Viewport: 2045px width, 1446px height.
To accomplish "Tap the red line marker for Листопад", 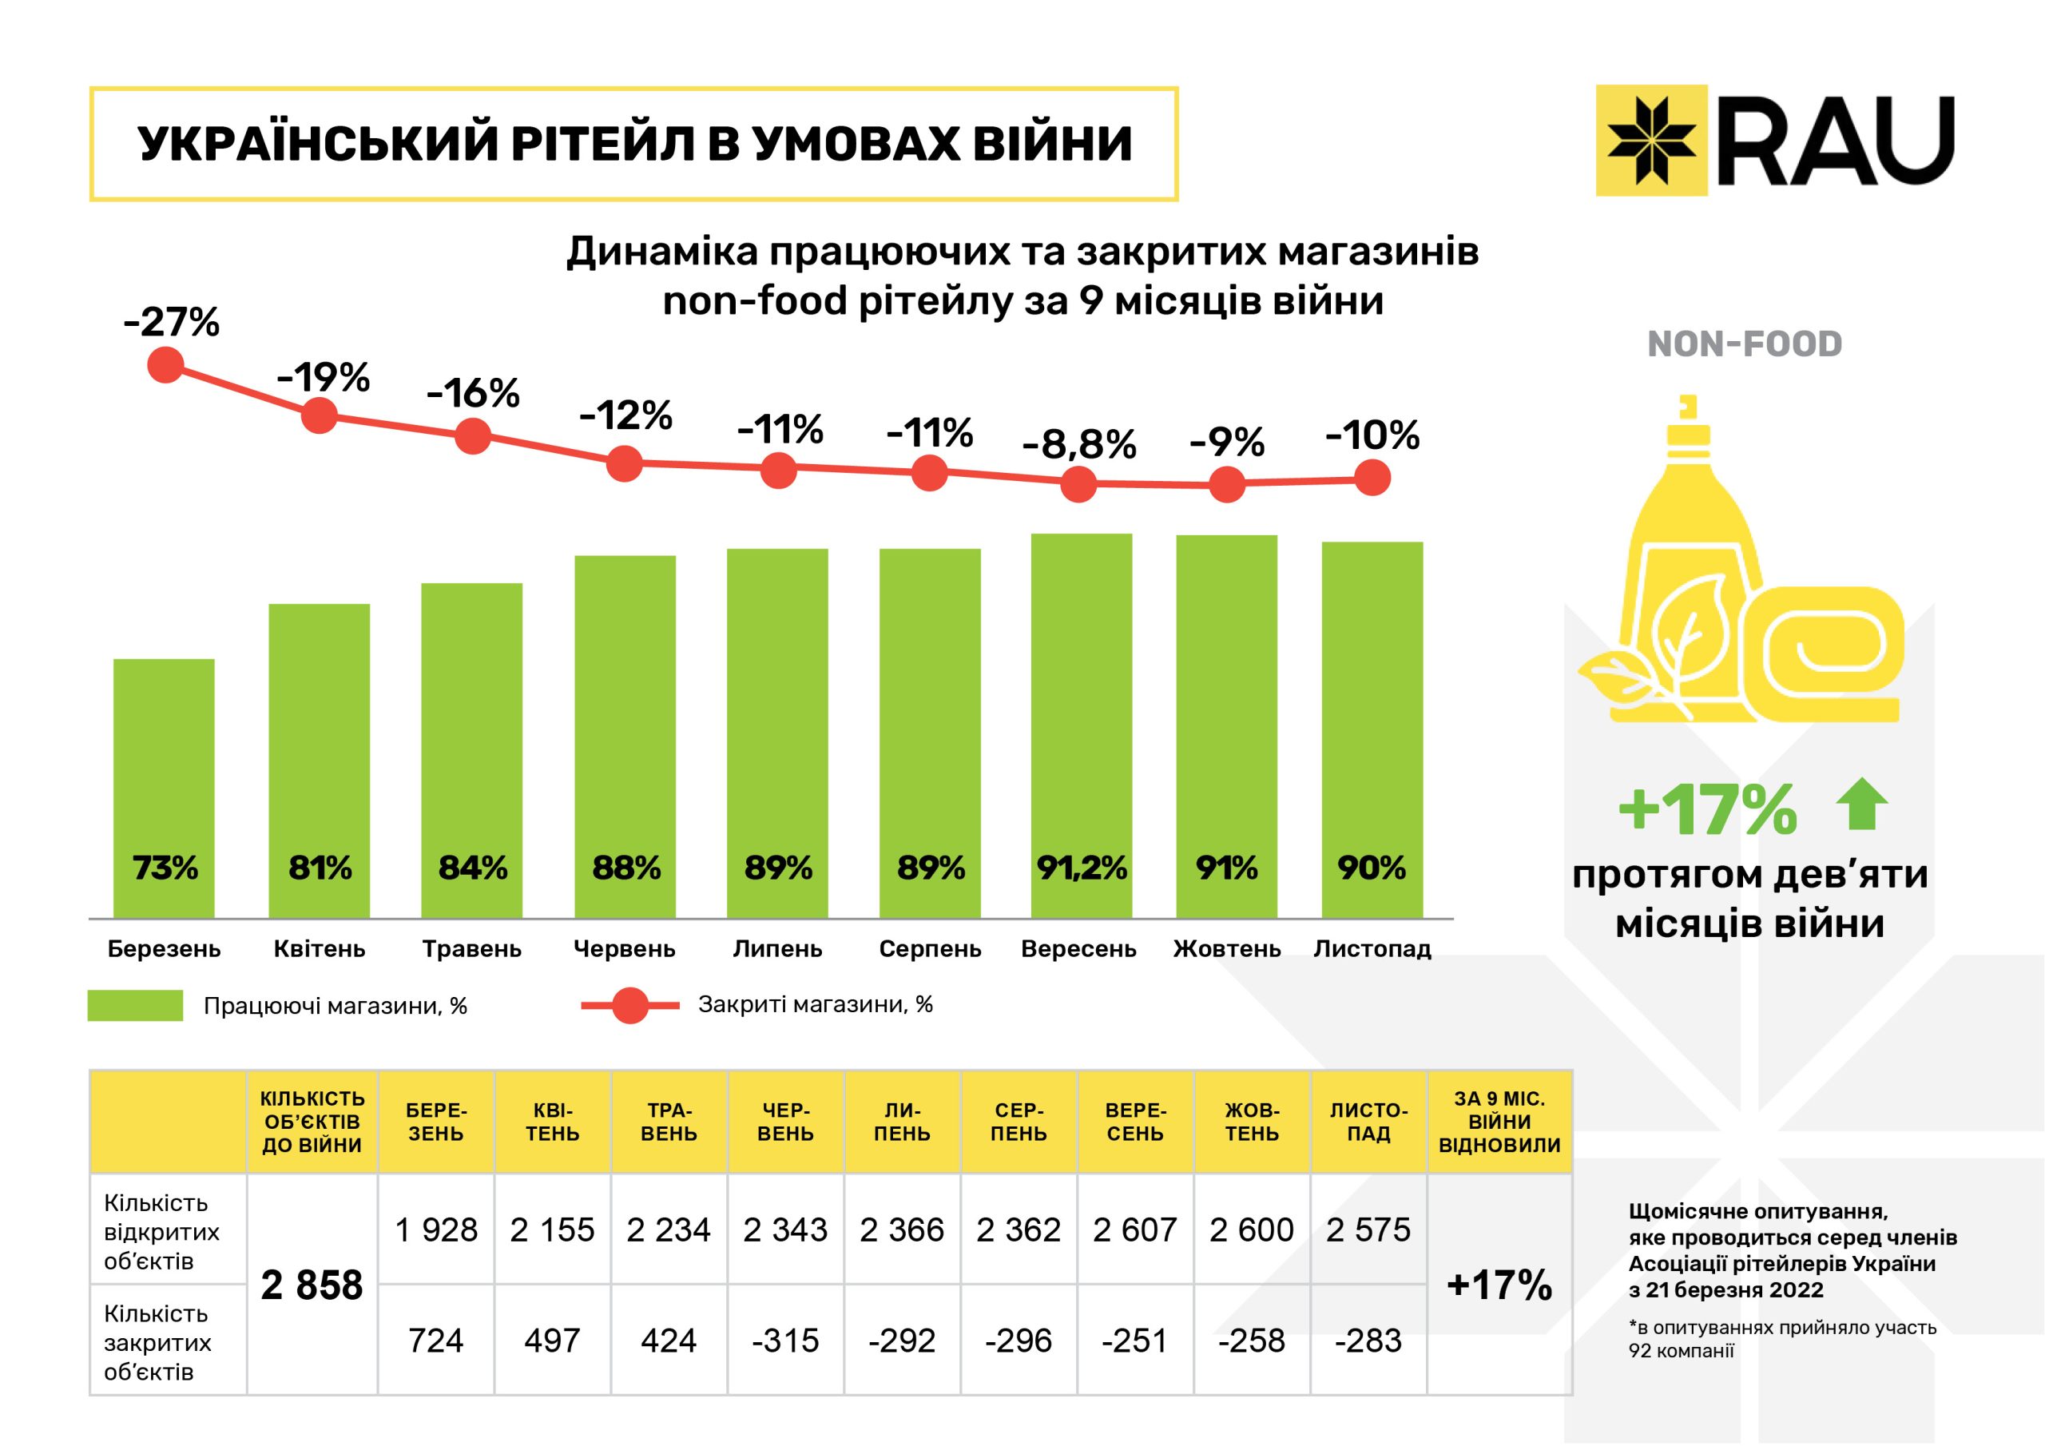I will pyautogui.click(x=1372, y=479).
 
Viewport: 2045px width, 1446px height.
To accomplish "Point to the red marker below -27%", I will pyautogui.click(x=165, y=364).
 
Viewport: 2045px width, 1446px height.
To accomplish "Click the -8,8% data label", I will pyautogui.click(x=1078, y=443).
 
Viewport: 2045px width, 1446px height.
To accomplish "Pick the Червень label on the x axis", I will pyautogui.click(x=625, y=949).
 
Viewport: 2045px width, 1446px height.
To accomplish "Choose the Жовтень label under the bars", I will pyautogui.click(x=1226, y=949).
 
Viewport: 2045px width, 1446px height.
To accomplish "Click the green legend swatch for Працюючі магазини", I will pyautogui.click(x=135, y=1006).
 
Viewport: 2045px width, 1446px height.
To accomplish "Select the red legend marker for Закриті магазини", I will pyautogui.click(x=630, y=1006).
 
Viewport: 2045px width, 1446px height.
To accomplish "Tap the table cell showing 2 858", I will pyautogui.click(x=312, y=1285).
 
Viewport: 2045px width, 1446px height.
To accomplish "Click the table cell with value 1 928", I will pyautogui.click(x=435, y=1229).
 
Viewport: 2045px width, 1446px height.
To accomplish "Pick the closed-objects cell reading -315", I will pyautogui.click(x=784, y=1340).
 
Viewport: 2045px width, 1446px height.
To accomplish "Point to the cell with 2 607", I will pyautogui.click(x=1134, y=1229).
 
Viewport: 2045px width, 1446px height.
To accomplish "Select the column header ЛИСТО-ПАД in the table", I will pyautogui.click(x=1368, y=1122).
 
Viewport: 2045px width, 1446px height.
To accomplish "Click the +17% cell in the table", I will pyautogui.click(x=1499, y=1285).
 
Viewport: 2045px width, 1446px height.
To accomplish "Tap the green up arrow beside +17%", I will pyautogui.click(x=1861, y=804).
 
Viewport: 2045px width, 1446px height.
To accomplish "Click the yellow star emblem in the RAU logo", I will pyautogui.click(x=1651, y=140).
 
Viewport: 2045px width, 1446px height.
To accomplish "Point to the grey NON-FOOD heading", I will pyautogui.click(x=1744, y=344).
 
